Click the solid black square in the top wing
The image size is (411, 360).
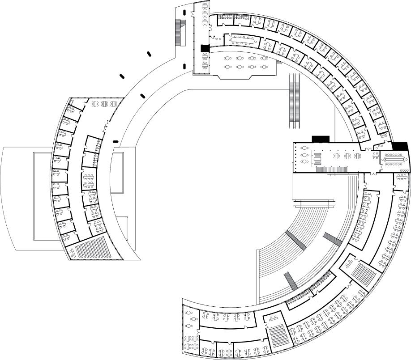pos(205,48)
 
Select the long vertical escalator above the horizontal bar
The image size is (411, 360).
pos(294,101)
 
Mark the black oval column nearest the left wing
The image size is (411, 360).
pos(116,142)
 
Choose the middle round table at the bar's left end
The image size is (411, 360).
pos(305,155)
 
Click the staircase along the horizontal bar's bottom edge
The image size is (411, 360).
pos(332,168)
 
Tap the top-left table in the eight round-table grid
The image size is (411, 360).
pos(228,59)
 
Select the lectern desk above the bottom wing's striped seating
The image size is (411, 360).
pos(274,319)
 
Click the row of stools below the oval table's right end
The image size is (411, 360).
pos(404,170)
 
